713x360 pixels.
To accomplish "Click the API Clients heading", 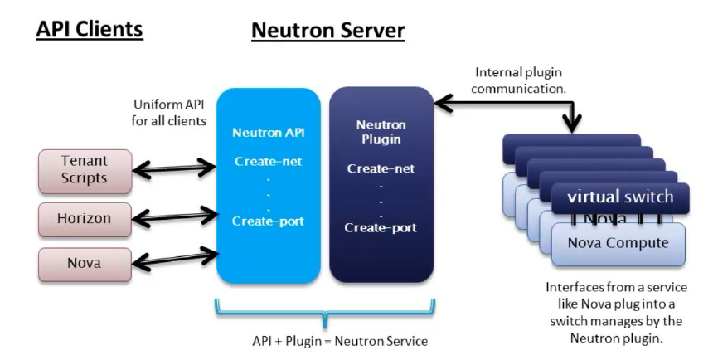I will pyautogui.click(x=90, y=29).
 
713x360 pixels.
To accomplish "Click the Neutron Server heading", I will pyautogui.click(x=327, y=31).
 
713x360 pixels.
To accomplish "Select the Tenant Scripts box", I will pyautogui.click(x=85, y=168).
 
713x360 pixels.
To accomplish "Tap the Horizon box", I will pyautogui.click(x=85, y=219).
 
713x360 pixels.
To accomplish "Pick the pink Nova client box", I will pyautogui.click(x=85, y=264).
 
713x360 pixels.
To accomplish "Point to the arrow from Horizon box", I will pyautogui.click(x=175, y=218).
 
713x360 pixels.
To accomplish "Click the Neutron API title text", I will pyautogui.click(x=267, y=133).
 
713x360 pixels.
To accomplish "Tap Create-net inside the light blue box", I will pyautogui.click(x=267, y=162).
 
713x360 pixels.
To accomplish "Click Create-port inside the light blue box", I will pyautogui.click(x=267, y=221).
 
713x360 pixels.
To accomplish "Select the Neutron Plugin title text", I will pyautogui.click(x=381, y=132).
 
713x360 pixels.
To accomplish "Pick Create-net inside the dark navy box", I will pyautogui.click(x=381, y=168).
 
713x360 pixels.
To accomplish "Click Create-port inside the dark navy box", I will pyautogui.click(x=381, y=227).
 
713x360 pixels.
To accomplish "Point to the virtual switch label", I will pyautogui.click(x=619, y=197).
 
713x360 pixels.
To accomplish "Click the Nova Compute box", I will pyautogui.click(x=618, y=242).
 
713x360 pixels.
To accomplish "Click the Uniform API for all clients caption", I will pyautogui.click(x=170, y=113).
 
